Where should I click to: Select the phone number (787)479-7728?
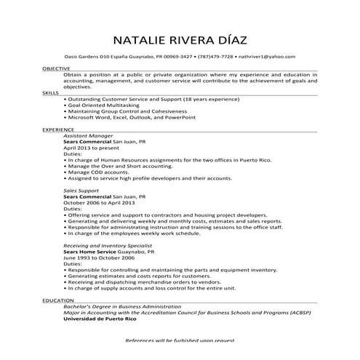[217, 56]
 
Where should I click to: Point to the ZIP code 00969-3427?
[177, 56]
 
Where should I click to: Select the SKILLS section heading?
[50, 93]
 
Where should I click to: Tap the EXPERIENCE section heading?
[57, 129]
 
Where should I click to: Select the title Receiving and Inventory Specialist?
[108, 246]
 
